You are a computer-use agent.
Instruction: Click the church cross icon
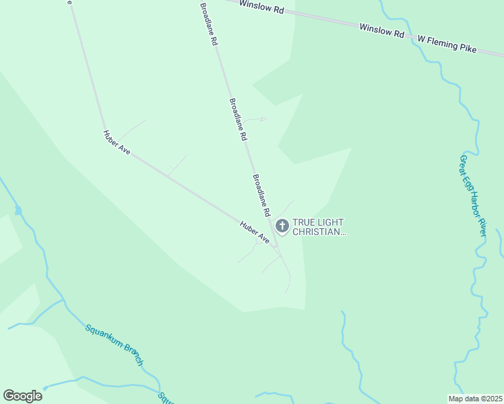click(x=282, y=226)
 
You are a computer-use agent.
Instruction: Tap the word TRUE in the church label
click(x=305, y=222)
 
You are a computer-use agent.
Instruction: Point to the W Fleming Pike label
click(x=446, y=44)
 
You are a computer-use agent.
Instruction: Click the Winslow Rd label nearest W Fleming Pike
click(x=381, y=30)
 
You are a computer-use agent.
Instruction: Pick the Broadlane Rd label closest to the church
click(x=261, y=195)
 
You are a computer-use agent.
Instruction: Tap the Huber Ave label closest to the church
click(x=255, y=231)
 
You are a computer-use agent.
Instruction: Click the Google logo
click(x=22, y=396)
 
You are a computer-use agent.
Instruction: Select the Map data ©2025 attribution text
click(x=474, y=399)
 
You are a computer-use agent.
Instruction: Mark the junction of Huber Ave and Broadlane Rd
click(x=275, y=246)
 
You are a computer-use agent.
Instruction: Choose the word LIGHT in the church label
click(x=332, y=222)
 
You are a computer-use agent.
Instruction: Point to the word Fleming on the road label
click(x=441, y=43)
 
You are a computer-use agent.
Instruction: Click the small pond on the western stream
click(x=18, y=211)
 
